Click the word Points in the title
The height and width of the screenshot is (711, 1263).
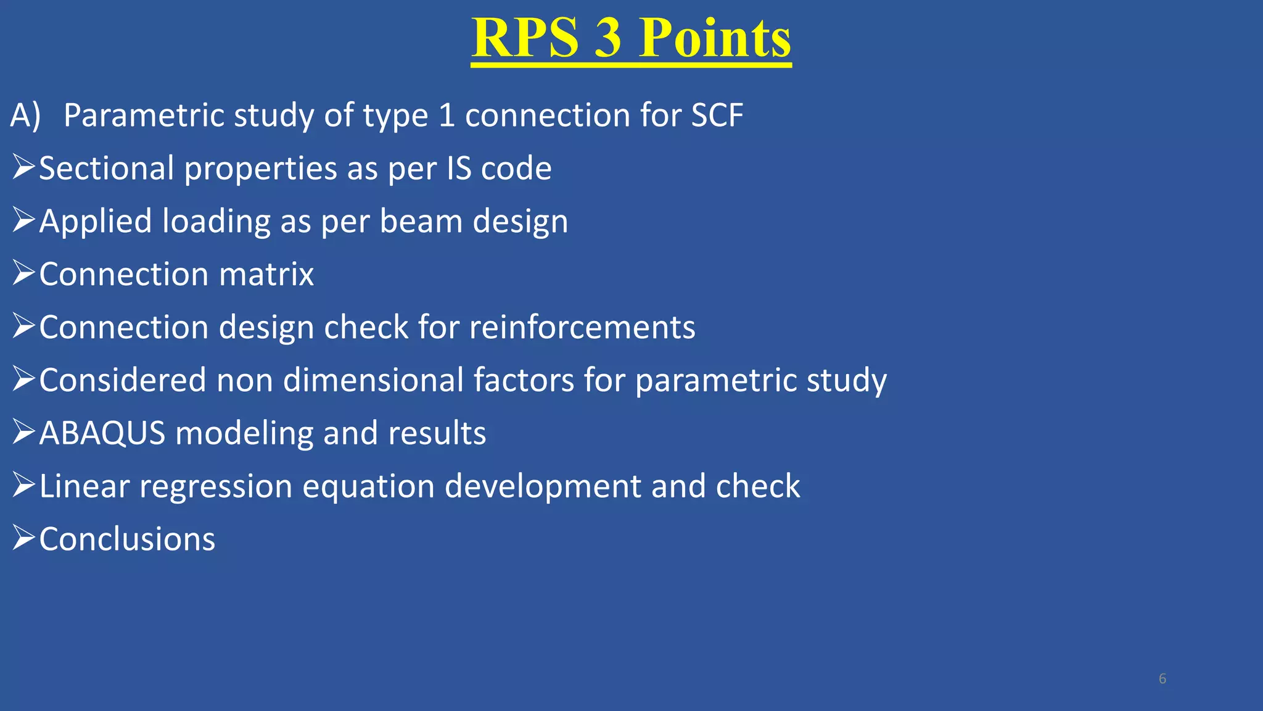(715, 38)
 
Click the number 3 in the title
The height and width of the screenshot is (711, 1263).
(608, 38)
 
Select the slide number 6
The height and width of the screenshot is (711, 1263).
(1162, 679)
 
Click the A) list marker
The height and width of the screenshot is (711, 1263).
(25, 115)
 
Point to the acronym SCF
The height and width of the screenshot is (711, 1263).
(717, 115)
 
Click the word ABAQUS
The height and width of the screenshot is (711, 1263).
(102, 433)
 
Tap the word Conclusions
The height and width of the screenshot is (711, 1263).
(127, 539)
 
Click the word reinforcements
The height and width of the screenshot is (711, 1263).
(582, 327)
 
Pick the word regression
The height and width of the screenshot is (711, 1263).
(215, 486)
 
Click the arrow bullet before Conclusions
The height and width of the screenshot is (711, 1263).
(23, 538)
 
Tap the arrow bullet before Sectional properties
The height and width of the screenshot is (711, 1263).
(23, 167)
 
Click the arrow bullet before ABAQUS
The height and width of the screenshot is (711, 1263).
(23, 431)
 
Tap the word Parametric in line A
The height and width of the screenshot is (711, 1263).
(144, 115)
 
